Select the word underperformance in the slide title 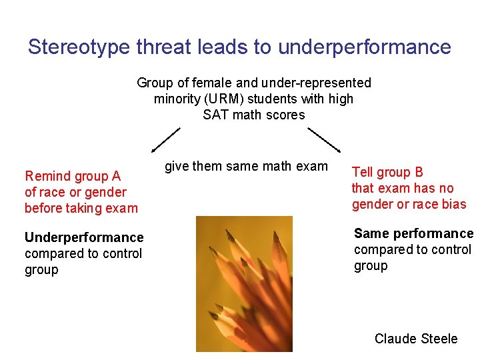364,47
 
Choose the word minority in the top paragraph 175,99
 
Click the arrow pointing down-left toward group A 165,140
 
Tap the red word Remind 47,176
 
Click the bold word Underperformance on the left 84,237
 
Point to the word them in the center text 207,166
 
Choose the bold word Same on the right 370,233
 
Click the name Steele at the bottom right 437,339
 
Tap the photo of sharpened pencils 254,283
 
